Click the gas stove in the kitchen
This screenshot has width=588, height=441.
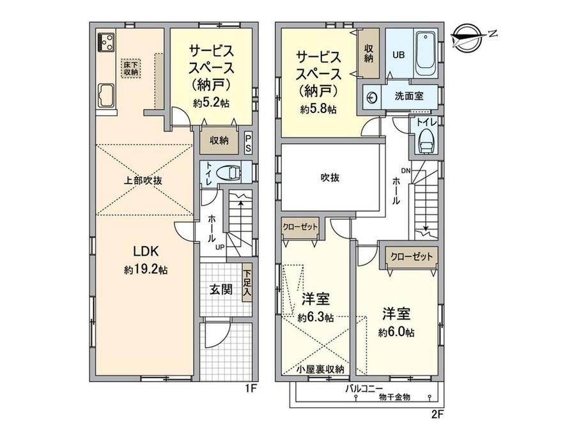[x=105, y=42]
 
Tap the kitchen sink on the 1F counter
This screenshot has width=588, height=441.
[x=105, y=96]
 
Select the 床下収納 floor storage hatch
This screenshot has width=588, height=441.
[x=131, y=68]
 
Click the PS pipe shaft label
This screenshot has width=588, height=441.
[x=248, y=143]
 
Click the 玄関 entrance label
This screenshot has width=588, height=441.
[x=221, y=290]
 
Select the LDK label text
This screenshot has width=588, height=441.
[x=146, y=251]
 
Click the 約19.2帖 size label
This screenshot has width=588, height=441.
[x=146, y=270]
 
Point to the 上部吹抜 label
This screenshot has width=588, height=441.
[x=143, y=180]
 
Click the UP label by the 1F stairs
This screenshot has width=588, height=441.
[x=220, y=247]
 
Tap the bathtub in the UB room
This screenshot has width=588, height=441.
[x=425, y=54]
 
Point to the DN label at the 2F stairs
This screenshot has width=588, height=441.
[x=405, y=171]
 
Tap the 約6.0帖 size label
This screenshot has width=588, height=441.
[x=396, y=332]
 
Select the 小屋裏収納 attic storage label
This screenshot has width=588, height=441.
[x=320, y=369]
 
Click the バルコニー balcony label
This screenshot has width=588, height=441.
[x=364, y=389]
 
